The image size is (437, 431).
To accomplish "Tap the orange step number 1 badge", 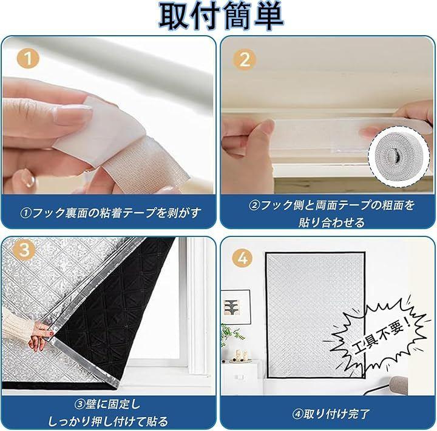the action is (28, 58).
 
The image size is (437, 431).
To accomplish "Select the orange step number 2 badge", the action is (245, 59).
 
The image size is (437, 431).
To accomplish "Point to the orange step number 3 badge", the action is (24, 250).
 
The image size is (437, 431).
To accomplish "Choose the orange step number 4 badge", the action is (243, 258).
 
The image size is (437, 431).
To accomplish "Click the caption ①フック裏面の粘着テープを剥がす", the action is (110, 213).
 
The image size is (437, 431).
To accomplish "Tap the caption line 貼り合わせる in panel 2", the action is (331, 222).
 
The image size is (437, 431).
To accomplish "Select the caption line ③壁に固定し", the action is (107, 404).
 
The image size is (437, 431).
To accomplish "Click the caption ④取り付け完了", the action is (331, 414).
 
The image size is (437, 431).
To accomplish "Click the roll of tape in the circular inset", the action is (399, 156).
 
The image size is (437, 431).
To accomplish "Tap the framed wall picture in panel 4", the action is (236, 307).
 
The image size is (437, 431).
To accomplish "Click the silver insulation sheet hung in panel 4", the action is (315, 315).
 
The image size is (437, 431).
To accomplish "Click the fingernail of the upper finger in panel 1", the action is (73, 114).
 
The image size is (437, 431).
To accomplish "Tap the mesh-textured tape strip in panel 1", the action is (147, 165).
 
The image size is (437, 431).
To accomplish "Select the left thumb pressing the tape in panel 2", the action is (260, 139).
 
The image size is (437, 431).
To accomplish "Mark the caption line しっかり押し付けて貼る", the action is (108, 421).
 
